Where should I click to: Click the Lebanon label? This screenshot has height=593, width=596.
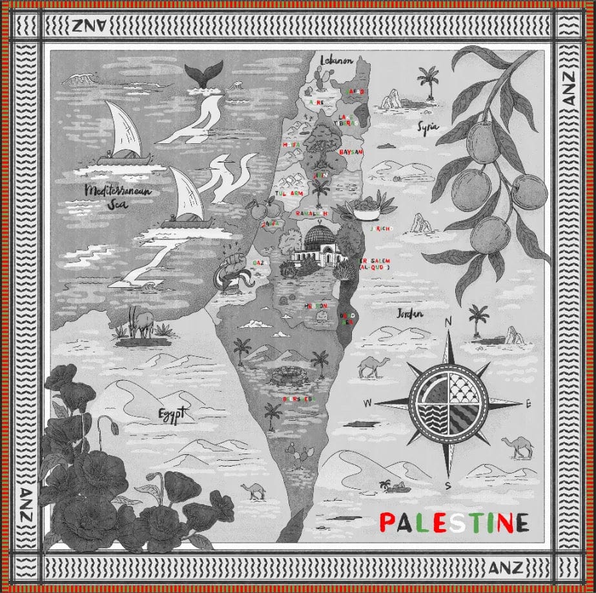[337, 60]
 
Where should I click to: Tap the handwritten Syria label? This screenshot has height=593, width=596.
[427, 126]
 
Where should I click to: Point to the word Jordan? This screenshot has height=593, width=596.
[410, 314]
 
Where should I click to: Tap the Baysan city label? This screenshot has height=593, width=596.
[351, 152]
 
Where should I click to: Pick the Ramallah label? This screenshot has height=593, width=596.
[312, 214]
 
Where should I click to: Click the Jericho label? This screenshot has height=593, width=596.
[382, 228]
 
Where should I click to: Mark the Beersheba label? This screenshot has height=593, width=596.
[297, 399]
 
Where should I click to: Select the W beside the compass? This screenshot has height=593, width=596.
[367, 403]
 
